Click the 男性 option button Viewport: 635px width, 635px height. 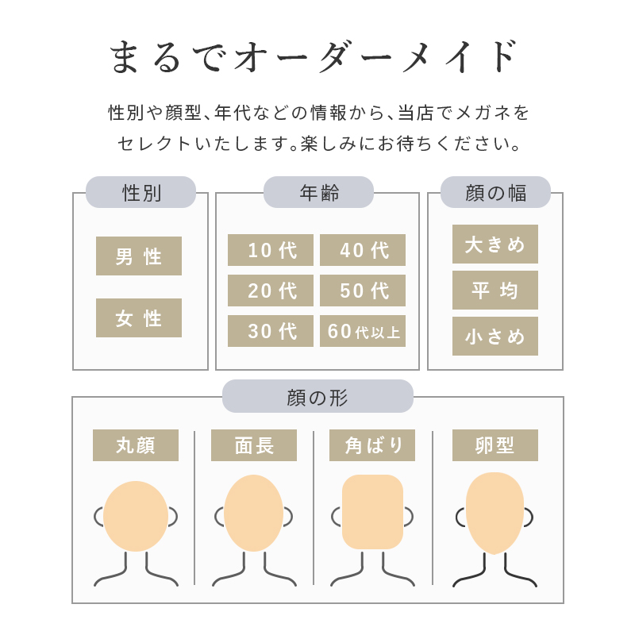[x=138, y=256]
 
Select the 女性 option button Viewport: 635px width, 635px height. [x=138, y=318]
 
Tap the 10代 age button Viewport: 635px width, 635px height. [x=271, y=250]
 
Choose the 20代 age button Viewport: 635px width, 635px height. [x=271, y=291]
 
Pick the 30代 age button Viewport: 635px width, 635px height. [x=271, y=331]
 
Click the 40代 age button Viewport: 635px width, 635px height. [x=363, y=250]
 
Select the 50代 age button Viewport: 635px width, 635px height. [x=363, y=291]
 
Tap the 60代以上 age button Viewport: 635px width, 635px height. [x=363, y=331]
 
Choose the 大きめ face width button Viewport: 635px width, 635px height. [x=495, y=244]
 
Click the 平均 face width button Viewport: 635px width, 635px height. [x=495, y=291]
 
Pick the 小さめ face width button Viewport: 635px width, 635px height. [x=495, y=336]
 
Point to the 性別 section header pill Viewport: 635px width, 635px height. [x=141, y=192]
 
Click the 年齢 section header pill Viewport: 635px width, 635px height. [x=319, y=192]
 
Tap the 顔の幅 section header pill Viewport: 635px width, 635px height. [x=495, y=192]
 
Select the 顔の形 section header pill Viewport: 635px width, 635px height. [x=318, y=396]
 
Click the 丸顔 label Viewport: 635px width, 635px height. [x=136, y=445]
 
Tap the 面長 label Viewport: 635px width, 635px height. [x=254, y=445]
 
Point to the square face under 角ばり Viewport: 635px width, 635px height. [x=372, y=512]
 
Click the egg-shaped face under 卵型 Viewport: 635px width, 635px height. [x=495, y=513]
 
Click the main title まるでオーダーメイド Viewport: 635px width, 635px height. [x=314, y=56]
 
